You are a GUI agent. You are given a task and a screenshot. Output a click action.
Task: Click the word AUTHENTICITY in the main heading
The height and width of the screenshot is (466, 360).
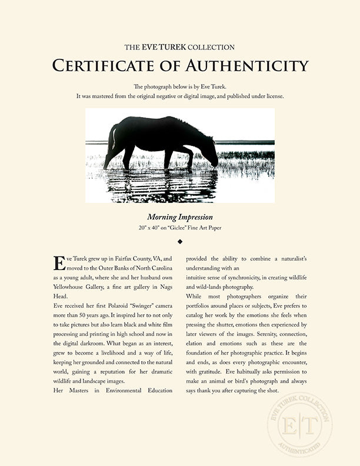(x=253, y=65)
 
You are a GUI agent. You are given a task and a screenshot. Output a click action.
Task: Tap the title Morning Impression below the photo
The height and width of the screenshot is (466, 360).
(x=180, y=217)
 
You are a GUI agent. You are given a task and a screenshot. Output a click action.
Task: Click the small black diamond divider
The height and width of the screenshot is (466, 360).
(x=180, y=241)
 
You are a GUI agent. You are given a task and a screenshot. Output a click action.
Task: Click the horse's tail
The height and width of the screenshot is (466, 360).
(x=112, y=141)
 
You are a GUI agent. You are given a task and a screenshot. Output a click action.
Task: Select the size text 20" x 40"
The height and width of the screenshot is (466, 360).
(x=146, y=227)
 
